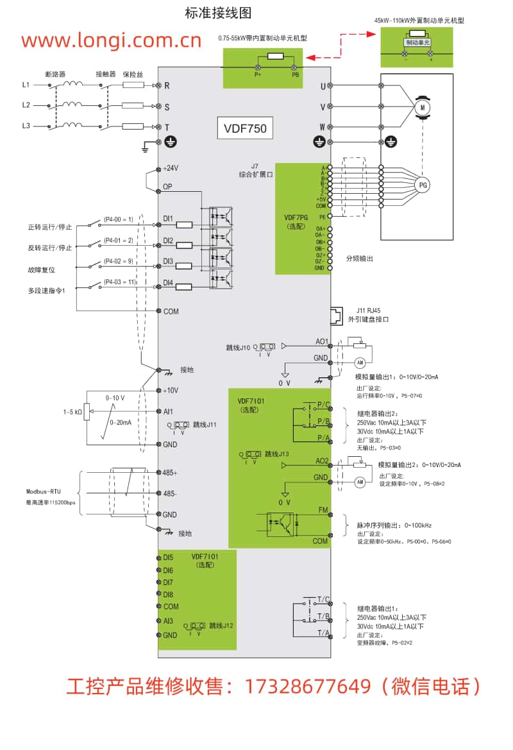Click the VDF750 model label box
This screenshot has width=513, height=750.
click(x=245, y=128)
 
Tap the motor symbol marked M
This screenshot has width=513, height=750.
click(x=422, y=107)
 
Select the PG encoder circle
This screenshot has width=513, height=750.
click(x=422, y=185)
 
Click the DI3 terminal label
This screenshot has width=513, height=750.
click(x=169, y=261)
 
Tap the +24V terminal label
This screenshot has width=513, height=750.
click(x=171, y=168)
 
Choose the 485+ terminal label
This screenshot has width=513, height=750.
click(x=170, y=472)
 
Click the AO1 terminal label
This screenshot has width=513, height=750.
click(x=321, y=341)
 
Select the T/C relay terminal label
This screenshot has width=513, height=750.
click(x=323, y=600)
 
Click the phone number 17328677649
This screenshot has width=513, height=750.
click(x=308, y=686)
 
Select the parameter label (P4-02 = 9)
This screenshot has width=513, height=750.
click(x=119, y=261)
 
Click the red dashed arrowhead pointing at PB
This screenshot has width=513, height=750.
click(x=309, y=56)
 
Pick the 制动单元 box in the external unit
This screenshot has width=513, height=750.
click(x=417, y=42)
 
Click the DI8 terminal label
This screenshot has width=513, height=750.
click(x=168, y=594)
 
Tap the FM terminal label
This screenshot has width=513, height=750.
click(x=323, y=510)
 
